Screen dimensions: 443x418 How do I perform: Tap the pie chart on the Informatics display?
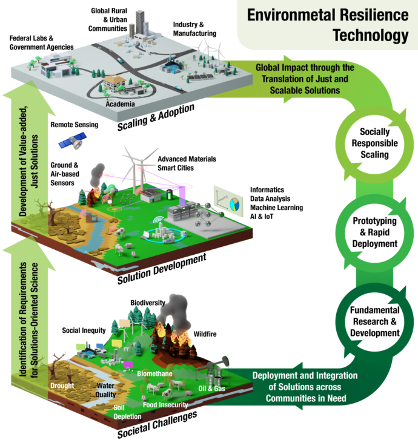[234, 205]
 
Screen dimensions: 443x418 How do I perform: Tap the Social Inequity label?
[84, 331]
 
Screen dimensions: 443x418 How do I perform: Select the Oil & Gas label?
[213, 388]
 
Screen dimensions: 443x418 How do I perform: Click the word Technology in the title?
[371, 34]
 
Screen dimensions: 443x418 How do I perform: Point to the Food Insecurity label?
[165, 404]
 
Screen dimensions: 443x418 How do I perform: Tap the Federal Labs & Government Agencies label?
[41, 42]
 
